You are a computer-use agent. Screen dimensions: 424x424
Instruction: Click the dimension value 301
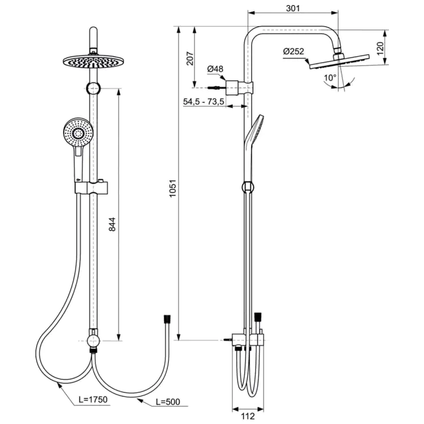tap(293, 8)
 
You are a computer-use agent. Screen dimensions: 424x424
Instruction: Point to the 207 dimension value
tap(190, 58)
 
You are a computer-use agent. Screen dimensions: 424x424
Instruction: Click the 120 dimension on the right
tap(380, 47)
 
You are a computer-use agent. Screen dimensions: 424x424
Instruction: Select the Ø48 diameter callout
tap(215, 69)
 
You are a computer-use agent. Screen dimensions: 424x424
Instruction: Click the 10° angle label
tap(330, 77)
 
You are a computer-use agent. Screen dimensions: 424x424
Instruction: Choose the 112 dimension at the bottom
tap(245, 417)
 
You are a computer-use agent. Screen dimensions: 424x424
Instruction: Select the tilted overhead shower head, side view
tap(338, 61)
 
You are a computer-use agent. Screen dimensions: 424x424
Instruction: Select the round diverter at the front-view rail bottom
tap(94, 340)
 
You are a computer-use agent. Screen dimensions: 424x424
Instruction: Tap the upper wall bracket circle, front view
tap(94, 88)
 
